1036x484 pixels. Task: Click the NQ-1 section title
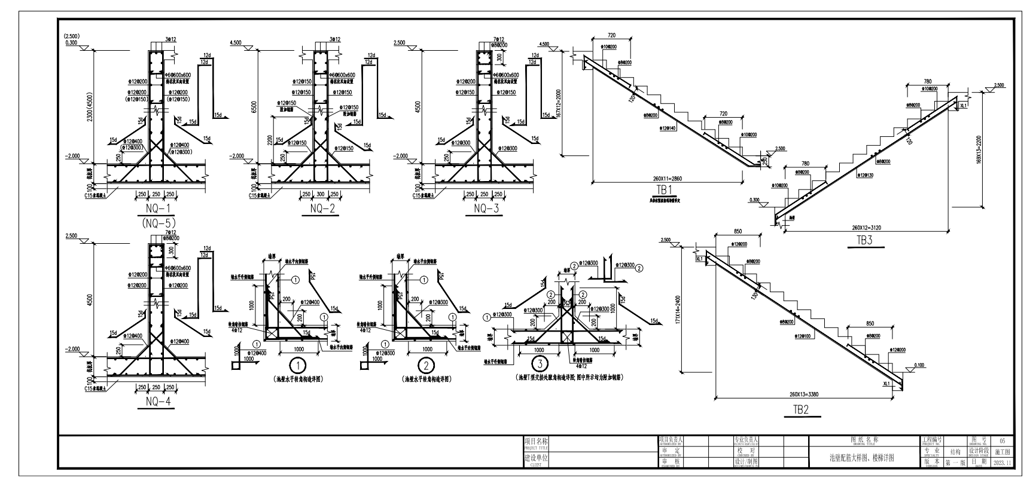(159, 208)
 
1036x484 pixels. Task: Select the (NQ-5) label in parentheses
(159, 222)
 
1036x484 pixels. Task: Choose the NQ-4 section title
(159, 402)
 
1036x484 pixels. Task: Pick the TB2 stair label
(801, 410)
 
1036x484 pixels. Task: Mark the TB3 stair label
(865, 241)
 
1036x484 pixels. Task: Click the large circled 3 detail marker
(540, 363)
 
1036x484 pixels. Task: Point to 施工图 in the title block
(1003, 452)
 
